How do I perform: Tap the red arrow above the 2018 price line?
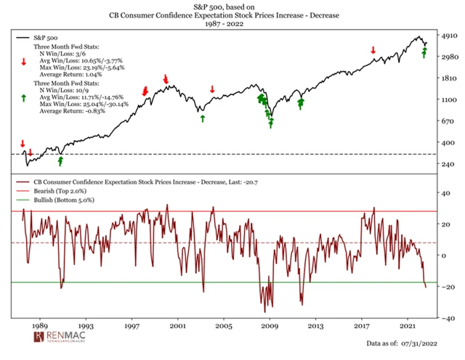click(x=373, y=50)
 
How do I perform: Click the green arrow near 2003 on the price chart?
click(x=203, y=117)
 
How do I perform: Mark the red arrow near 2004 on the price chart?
click(x=212, y=89)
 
